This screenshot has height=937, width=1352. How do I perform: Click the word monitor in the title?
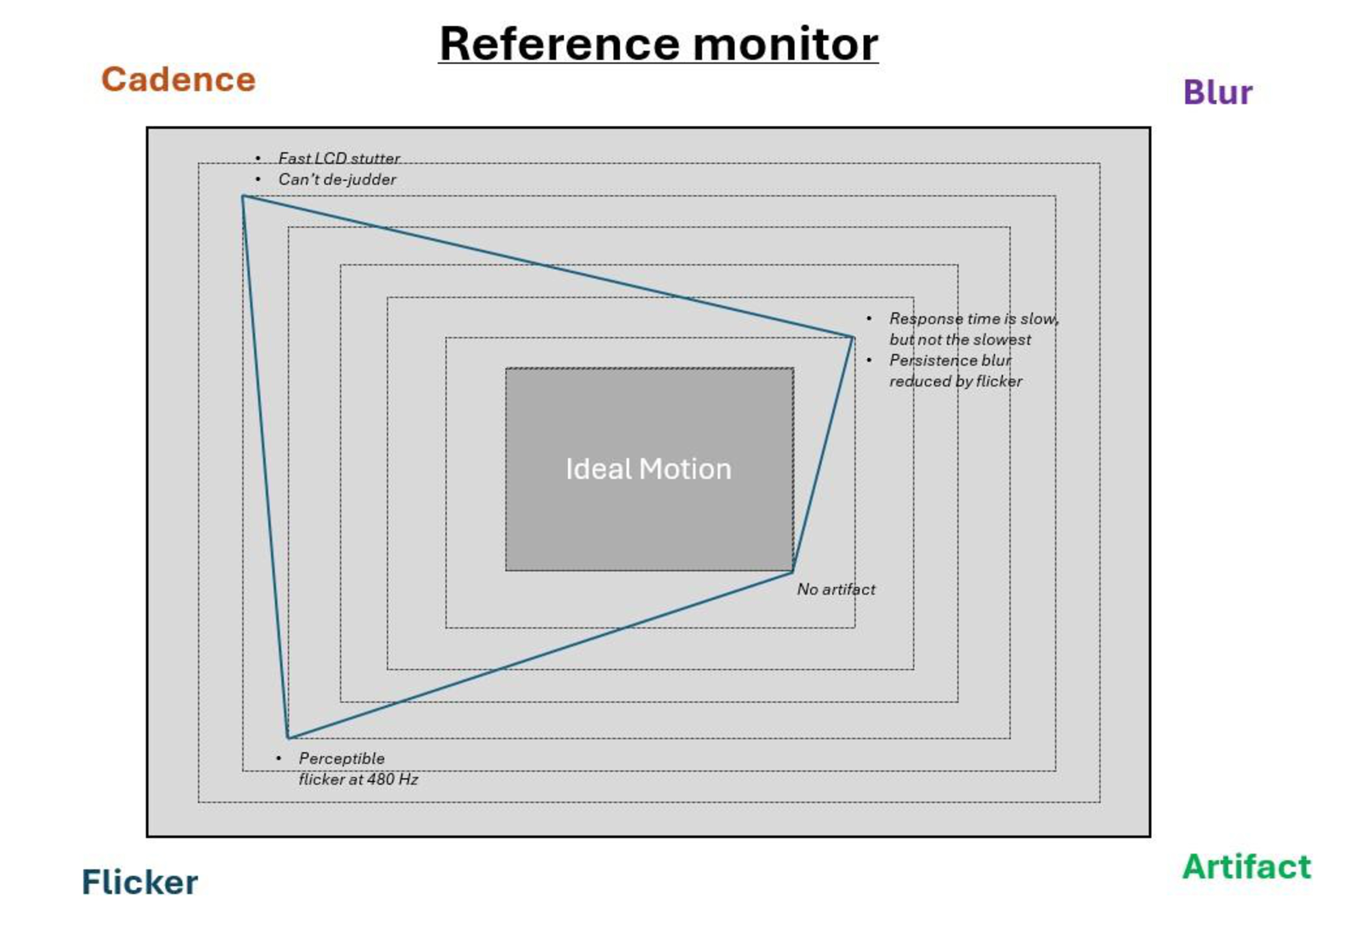point(785,45)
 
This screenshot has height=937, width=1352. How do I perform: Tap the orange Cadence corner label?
point(178,79)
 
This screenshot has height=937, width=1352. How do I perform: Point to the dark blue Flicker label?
point(140,882)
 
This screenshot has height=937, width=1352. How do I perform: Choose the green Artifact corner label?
point(1246,867)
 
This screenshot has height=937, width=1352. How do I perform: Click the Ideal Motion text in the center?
point(648,469)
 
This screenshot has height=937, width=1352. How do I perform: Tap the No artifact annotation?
point(835,589)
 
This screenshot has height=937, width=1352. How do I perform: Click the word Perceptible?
point(342,759)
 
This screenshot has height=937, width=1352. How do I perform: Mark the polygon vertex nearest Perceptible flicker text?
point(288,737)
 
